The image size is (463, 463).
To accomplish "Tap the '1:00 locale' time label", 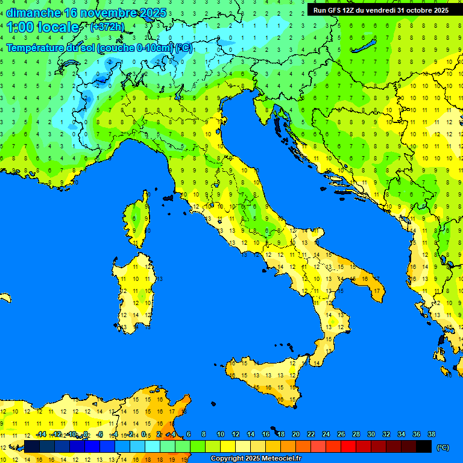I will pos(42,27).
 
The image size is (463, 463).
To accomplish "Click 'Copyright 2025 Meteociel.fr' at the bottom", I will pos(256,459).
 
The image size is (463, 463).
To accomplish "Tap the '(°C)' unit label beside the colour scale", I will pos(443,447).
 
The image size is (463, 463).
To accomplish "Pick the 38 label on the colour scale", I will pos(431,434).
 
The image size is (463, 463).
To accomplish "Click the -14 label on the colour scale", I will pos(42,434).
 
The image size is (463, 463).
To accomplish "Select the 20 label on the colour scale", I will pos(295,434).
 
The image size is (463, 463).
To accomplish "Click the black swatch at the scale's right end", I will pos(424,446).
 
